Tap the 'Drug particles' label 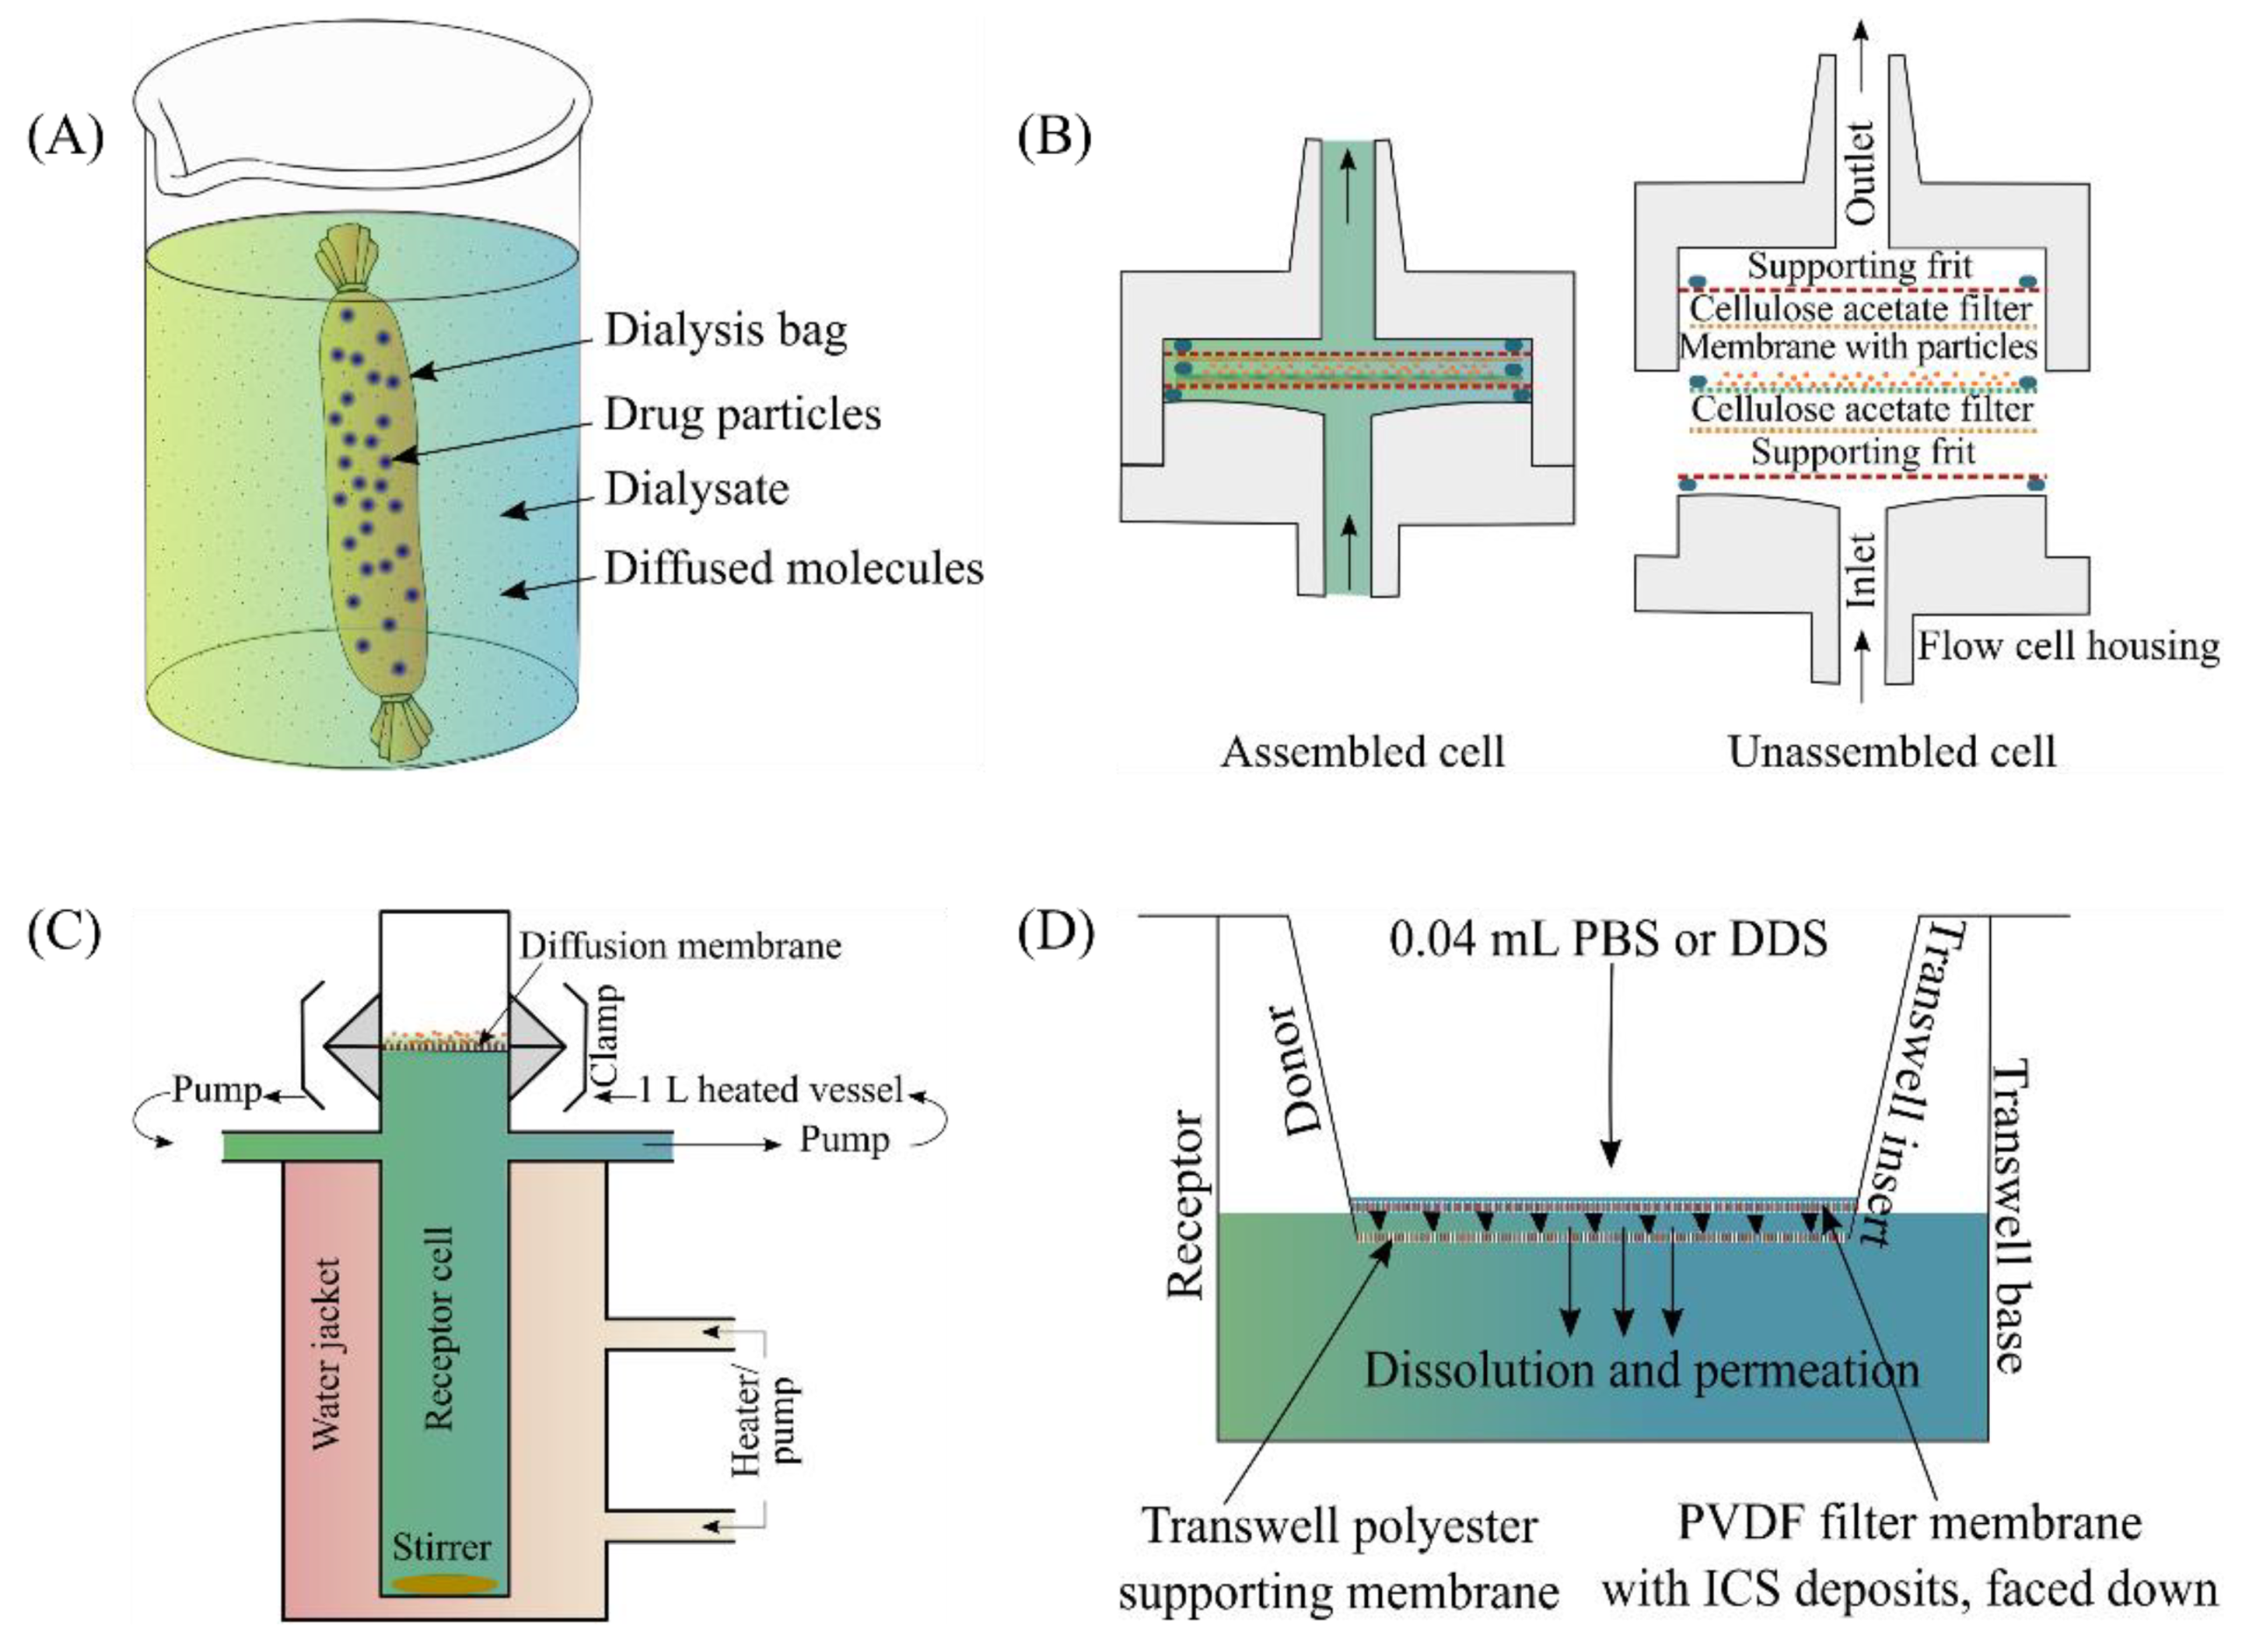pos(742,415)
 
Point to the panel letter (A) pos(66,136)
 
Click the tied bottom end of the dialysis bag pos(401,726)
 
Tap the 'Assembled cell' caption pos(1363,752)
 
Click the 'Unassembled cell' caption pos(1891,752)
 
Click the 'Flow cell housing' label pos(2068,647)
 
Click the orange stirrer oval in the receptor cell pos(445,1584)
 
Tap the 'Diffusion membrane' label pos(680,946)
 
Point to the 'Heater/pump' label pos(764,1420)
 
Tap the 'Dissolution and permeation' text pos(1641,1370)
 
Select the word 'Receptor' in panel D pos(1186,1205)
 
